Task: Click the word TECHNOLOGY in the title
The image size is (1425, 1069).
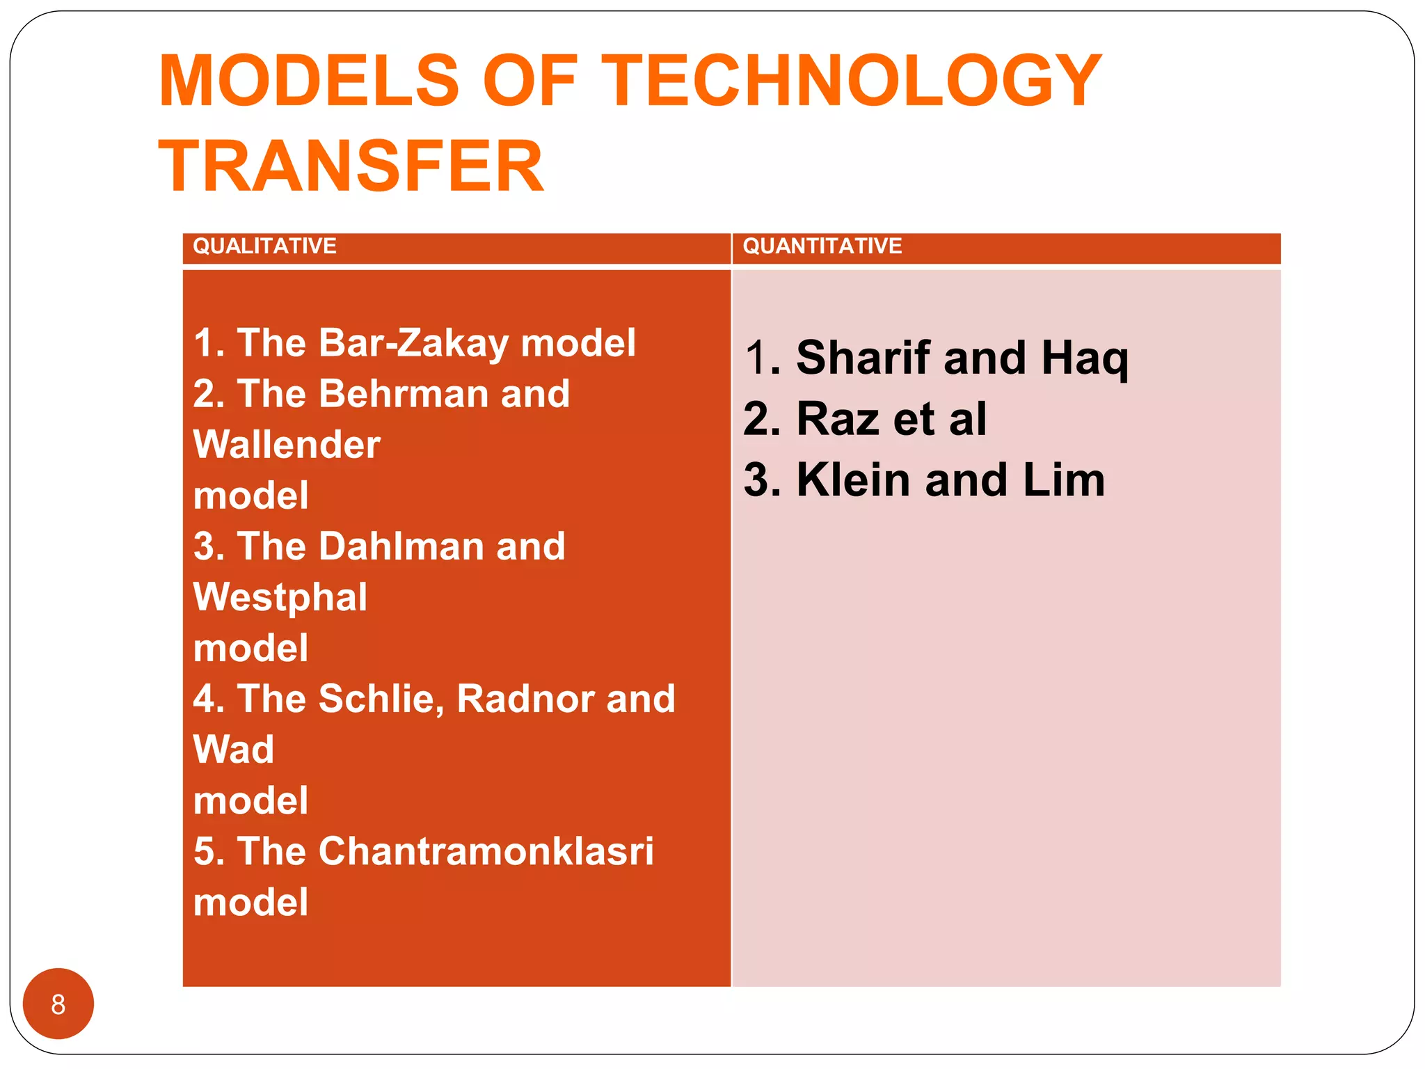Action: tap(852, 81)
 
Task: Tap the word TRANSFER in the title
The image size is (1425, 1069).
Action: tap(351, 167)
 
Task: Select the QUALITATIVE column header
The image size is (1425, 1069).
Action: tap(264, 246)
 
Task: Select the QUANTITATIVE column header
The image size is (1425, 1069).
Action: tap(822, 246)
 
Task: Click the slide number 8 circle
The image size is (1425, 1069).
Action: tap(58, 1004)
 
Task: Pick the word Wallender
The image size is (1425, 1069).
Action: tap(287, 445)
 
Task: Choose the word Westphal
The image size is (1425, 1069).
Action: tap(280, 597)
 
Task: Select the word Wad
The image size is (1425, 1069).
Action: tap(234, 750)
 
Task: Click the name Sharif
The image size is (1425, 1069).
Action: tap(863, 358)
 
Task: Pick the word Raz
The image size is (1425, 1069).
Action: tap(838, 419)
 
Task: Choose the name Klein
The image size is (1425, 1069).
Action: tap(853, 480)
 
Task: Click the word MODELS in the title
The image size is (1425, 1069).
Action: tap(309, 81)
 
